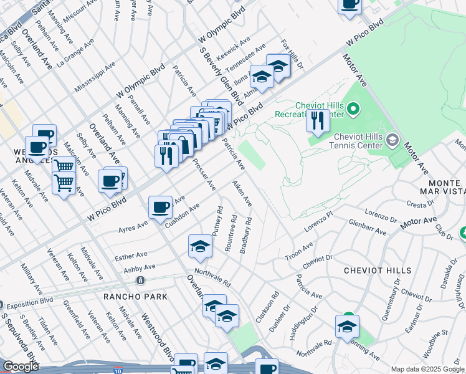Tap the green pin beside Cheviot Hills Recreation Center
[354, 110]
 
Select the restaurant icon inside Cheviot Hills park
[318, 120]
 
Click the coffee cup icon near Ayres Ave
[160, 207]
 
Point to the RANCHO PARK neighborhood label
[136, 297]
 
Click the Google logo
[21, 367]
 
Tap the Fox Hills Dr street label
[292, 54]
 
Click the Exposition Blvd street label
[30, 305]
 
